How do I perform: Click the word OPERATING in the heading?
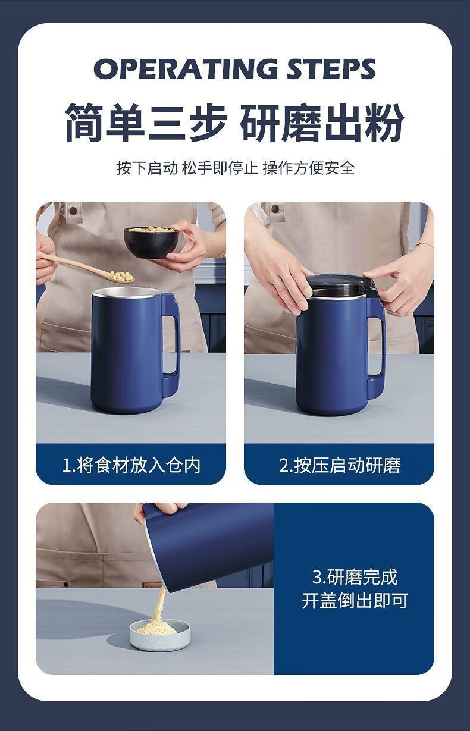pos(186,68)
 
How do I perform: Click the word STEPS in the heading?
pos(331,68)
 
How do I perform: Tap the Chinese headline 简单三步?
pos(146,123)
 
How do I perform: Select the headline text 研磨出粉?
pos(322,123)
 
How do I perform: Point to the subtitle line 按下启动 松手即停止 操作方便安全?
pos(236,168)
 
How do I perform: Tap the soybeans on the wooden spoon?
pos(121,277)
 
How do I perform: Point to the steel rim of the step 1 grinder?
pos(127,293)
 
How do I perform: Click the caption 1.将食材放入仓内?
pos(131,465)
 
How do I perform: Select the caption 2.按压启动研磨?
pos(340,465)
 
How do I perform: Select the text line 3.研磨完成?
pos(355,577)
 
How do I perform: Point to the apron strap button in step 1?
pos(73,211)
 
